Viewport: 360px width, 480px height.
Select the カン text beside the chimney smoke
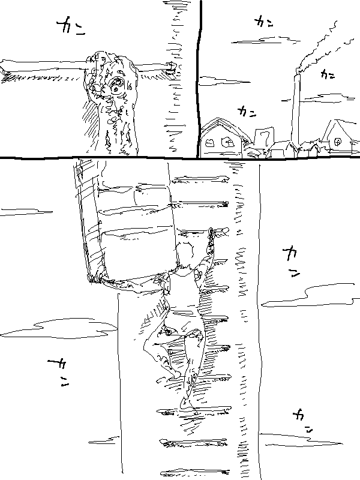tap(328, 74)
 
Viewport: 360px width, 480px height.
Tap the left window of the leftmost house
tap(211, 143)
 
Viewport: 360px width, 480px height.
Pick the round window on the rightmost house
tap(338, 142)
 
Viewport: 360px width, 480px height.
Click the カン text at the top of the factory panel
tap(263, 22)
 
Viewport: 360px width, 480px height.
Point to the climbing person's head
tap(185, 254)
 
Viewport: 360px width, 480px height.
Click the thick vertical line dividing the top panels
tap(199, 78)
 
